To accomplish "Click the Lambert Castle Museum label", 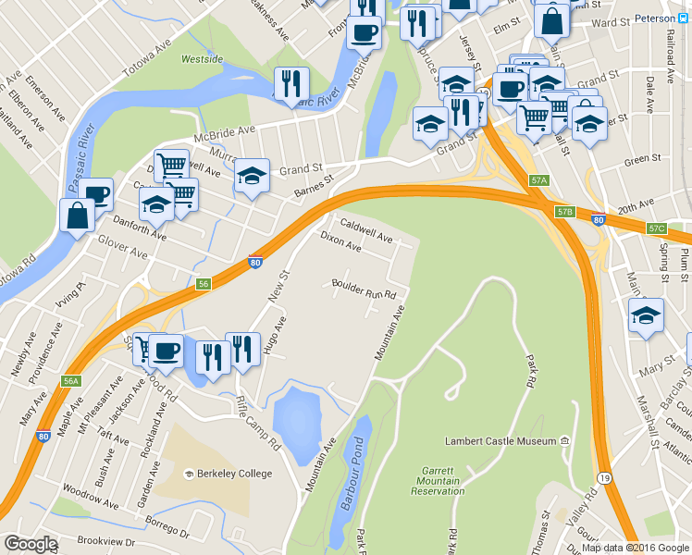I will (500, 442).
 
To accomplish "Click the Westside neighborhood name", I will (202, 59).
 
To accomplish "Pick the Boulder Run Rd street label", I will (364, 289).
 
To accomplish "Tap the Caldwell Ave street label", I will (366, 231).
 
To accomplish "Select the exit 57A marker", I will (540, 180).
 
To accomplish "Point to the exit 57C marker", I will (657, 228).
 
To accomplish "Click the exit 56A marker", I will (71, 381).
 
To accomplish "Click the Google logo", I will (31, 544).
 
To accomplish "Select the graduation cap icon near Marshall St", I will (645, 314).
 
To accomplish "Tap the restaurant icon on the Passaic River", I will (291, 83).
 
